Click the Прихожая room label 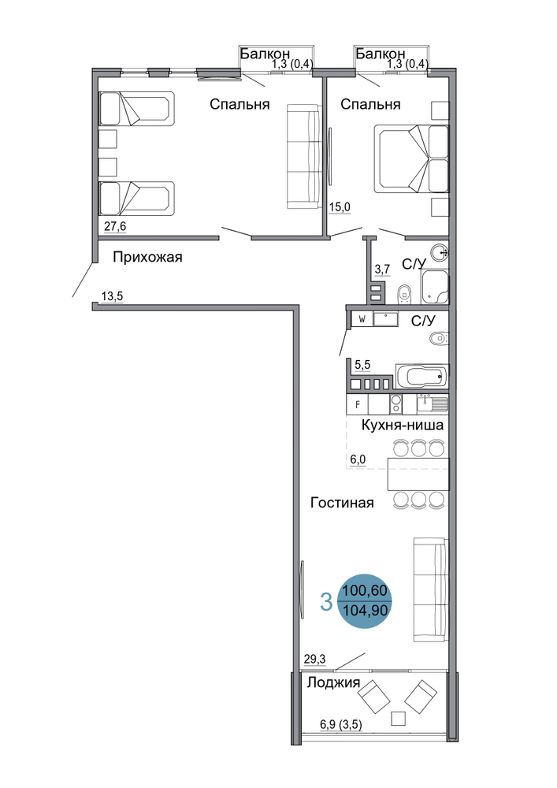147,258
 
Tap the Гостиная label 342,503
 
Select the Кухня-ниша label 403,426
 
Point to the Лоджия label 333,682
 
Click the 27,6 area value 115,227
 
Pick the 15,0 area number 340,207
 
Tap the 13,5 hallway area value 112,296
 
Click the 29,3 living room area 314,659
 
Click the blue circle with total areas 365,601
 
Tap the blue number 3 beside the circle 326,602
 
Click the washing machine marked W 362,319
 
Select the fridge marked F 358,404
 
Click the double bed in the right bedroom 410,159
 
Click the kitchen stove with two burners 395,404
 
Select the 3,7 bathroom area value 382,269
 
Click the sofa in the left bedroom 303,156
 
